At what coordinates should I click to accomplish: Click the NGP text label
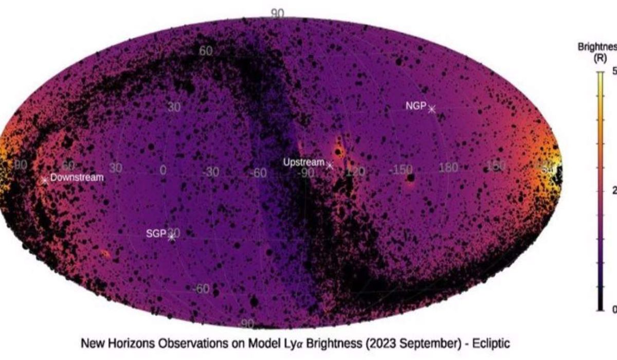(x=415, y=106)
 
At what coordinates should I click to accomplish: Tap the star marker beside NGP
(x=431, y=109)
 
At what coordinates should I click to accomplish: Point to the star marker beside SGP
(x=172, y=238)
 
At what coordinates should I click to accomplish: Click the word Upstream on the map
(x=304, y=162)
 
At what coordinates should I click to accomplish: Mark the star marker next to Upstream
(x=330, y=166)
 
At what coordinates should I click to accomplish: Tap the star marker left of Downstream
(x=45, y=180)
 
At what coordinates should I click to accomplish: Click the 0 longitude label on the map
(x=163, y=170)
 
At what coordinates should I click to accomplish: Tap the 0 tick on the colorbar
(x=614, y=310)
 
